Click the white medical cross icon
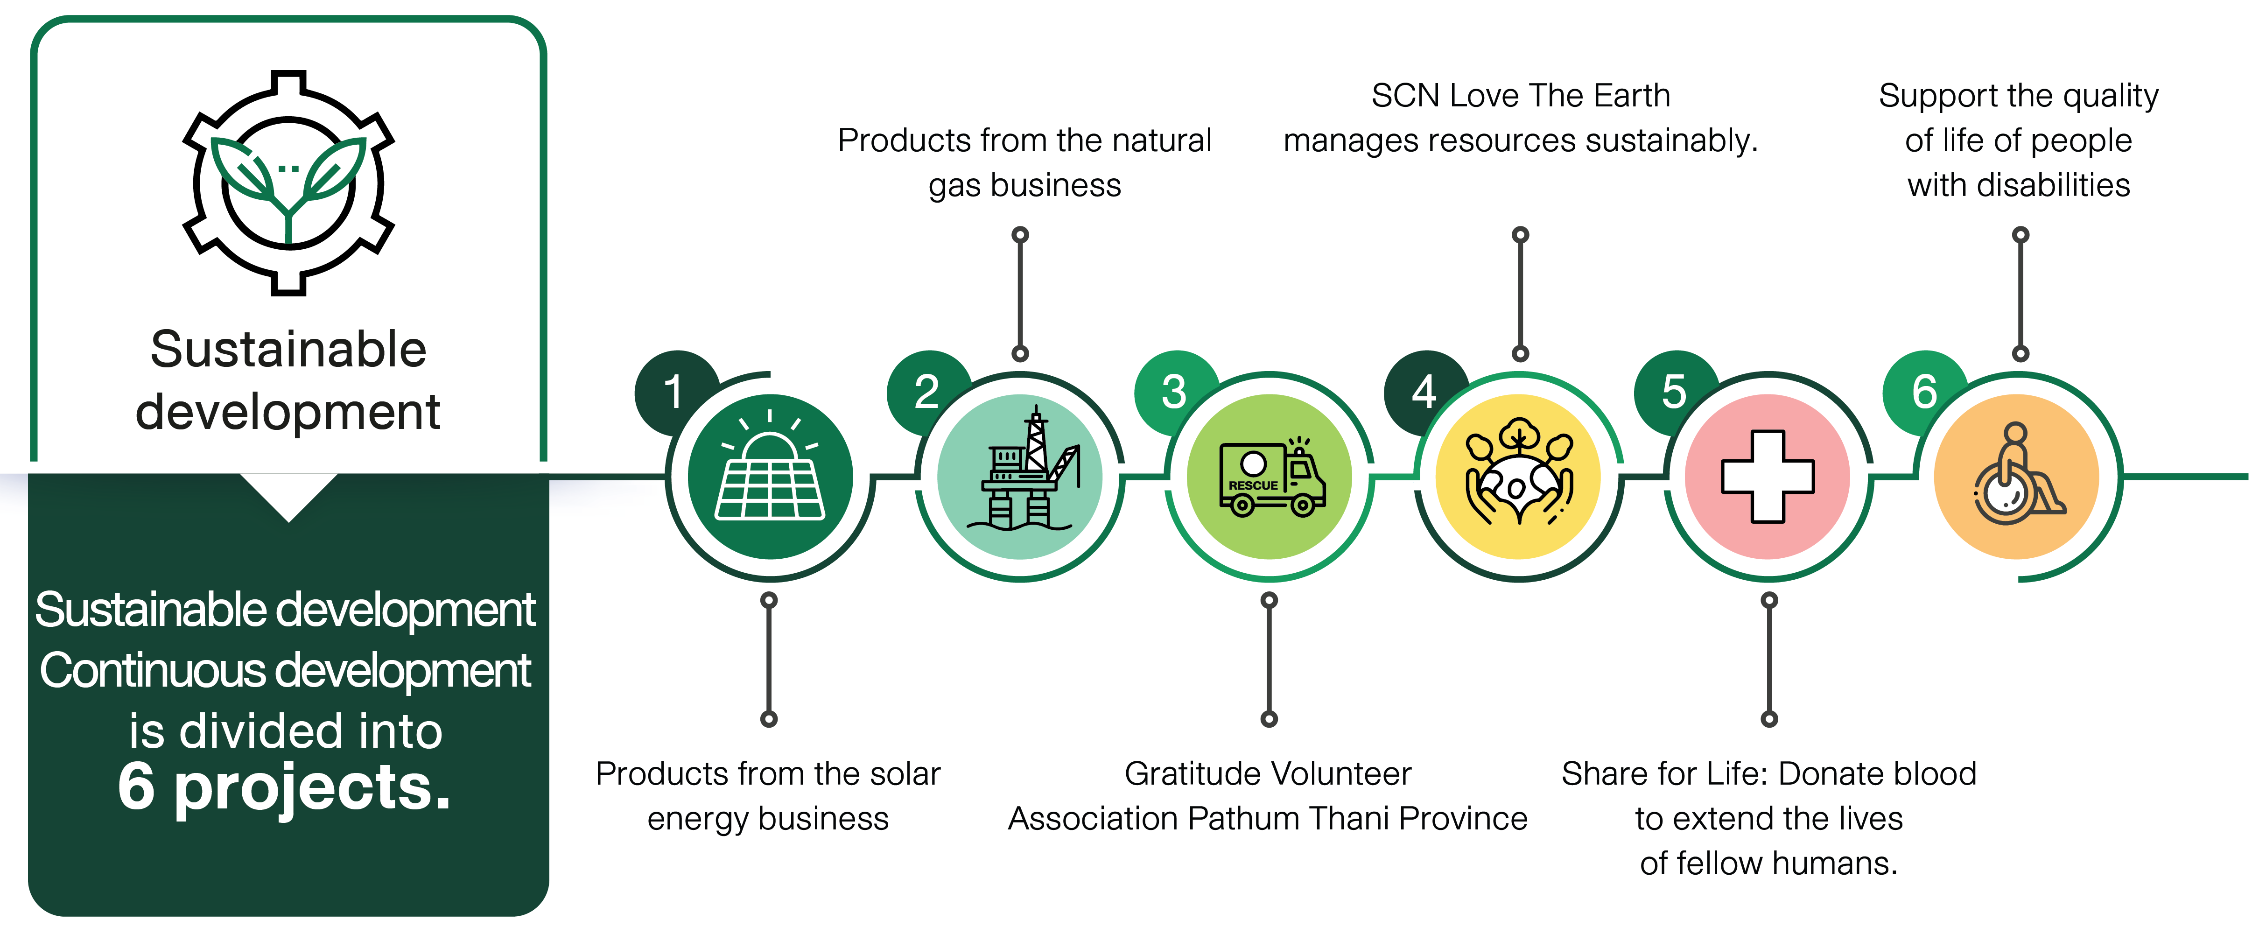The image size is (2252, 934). pyautogui.click(x=1768, y=477)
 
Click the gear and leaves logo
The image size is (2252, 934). pyautogui.click(x=288, y=183)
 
